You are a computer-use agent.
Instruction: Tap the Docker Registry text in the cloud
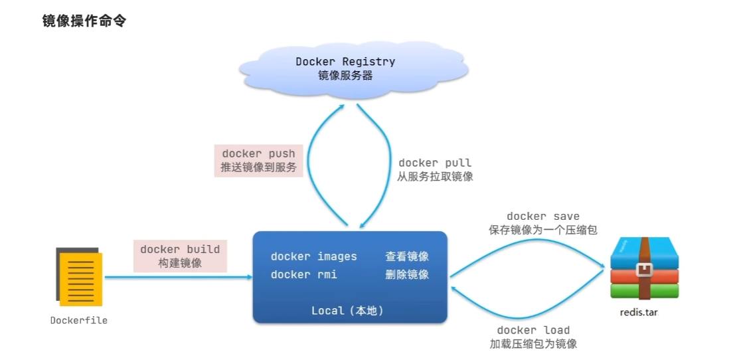tap(345, 62)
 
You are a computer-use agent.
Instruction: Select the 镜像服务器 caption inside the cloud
tap(345, 76)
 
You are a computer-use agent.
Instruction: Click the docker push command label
tap(258, 153)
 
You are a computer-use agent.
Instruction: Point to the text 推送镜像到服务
tap(258, 168)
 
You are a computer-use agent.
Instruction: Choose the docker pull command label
tap(435, 163)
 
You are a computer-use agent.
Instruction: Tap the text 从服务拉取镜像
tap(435, 177)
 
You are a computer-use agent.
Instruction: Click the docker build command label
tap(180, 249)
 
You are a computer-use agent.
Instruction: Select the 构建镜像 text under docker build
tap(180, 263)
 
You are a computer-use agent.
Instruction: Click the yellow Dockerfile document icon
tap(79, 276)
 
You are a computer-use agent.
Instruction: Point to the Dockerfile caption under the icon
tap(79, 321)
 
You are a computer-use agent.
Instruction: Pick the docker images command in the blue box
tap(314, 256)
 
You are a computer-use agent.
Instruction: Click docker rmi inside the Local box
tap(303, 274)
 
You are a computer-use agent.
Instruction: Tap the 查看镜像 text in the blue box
tap(407, 256)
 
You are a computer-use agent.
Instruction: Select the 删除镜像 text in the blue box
tap(407, 274)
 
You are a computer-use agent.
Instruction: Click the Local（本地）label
tap(348, 311)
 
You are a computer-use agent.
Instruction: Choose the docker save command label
tap(543, 216)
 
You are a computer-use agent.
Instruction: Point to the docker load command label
tap(533, 330)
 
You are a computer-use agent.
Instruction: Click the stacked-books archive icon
tap(645, 268)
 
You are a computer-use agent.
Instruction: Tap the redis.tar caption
tap(639, 313)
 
